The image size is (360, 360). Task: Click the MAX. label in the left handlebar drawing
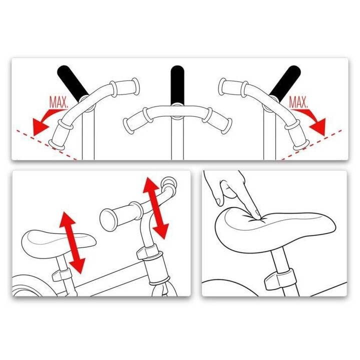click(x=59, y=102)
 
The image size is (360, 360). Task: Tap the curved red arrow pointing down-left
click(x=46, y=119)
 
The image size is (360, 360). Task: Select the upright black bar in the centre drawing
click(x=177, y=85)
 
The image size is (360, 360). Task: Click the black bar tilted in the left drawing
click(x=72, y=82)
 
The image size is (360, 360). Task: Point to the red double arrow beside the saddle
click(x=72, y=242)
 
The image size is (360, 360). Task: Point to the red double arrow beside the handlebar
click(x=156, y=208)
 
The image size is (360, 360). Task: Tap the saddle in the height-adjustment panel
click(x=58, y=244)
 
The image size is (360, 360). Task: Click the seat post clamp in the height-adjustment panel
click(x=61, y=274)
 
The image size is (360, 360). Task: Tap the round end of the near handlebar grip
click(x=108, y=219)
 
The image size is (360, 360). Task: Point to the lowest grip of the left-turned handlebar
click(x=60, y=135)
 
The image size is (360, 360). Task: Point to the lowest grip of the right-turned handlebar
click(x=297, y=134)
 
